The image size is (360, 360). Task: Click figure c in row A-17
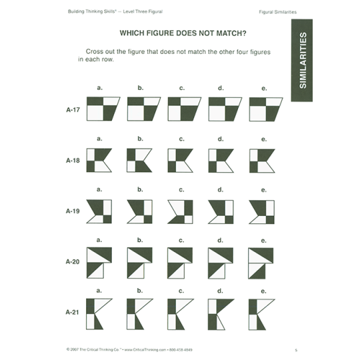pos(183,109)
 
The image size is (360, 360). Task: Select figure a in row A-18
pos(99,161)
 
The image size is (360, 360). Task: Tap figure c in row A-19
pos(181,211)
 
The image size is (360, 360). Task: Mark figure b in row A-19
pos(141,211)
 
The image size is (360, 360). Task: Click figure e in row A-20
pos(261,261)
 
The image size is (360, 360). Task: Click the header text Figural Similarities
pos(278,13)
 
